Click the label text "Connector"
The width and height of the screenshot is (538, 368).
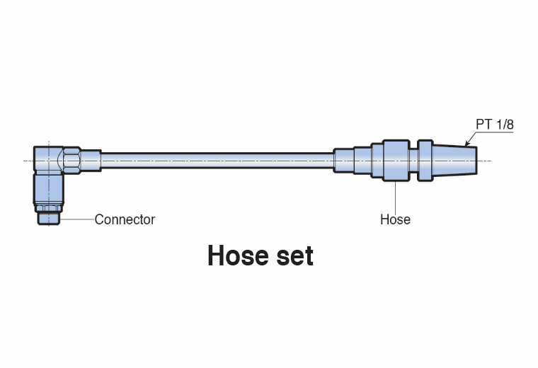point(125,219)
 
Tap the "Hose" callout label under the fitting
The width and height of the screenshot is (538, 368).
point(395,219)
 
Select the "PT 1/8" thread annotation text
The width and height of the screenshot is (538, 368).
point(494,125)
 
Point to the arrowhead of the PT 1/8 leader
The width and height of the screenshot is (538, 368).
point(467,146)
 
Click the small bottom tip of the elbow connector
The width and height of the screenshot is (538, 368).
point(49,217)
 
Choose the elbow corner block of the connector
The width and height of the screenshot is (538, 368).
point(48,159)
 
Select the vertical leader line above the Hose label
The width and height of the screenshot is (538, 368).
point(395,195)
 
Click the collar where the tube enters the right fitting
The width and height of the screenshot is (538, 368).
point(344,159)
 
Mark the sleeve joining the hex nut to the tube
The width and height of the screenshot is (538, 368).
point(91,159)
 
